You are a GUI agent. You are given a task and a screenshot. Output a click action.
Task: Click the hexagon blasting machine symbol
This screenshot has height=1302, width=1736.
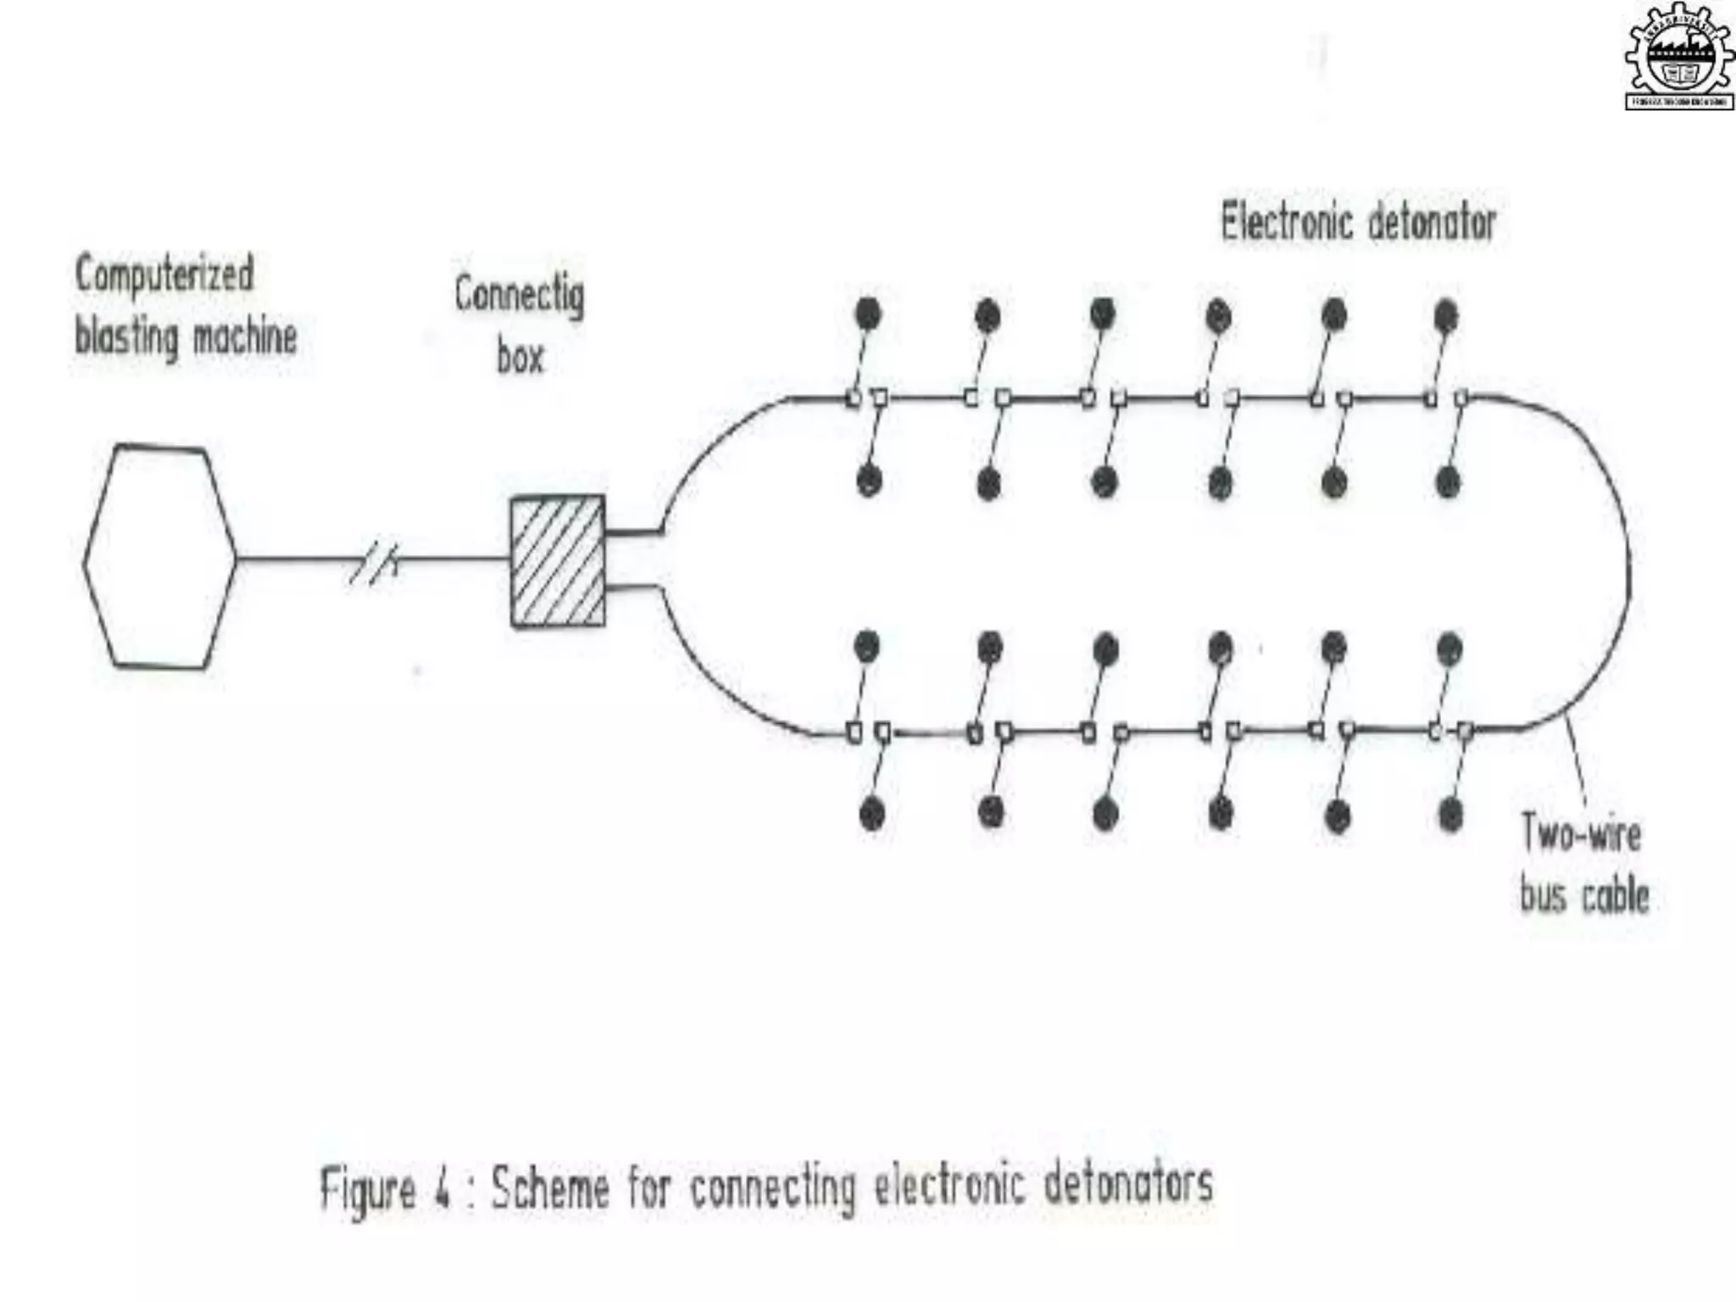coord(159,557)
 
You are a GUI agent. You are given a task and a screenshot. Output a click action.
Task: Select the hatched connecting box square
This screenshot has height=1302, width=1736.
coord(557,561)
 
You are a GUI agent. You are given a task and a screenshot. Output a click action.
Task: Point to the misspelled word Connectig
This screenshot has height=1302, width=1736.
coord(519,295)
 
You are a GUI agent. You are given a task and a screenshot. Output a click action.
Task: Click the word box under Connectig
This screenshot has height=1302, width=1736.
coord(520,357)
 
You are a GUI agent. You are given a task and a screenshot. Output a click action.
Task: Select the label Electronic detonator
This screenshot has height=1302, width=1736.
coord(1358,223)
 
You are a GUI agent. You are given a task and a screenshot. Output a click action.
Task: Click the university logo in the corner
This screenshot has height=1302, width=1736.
coord(1678,58)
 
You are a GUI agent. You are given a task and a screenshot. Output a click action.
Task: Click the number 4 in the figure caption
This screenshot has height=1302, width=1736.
coord(442,1188)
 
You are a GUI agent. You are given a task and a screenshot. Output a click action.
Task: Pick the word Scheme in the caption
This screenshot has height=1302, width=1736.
coord(550,1188)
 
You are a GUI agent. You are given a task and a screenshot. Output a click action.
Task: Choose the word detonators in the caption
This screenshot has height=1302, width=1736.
coord(1128,1184)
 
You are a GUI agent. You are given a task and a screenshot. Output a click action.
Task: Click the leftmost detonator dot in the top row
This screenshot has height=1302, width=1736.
coord(868,314)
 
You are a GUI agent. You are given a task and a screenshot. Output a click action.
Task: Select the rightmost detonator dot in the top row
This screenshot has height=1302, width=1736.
coord(1446,316)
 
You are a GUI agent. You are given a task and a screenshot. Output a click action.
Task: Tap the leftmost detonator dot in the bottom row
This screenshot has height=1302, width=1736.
coord(871,814)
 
